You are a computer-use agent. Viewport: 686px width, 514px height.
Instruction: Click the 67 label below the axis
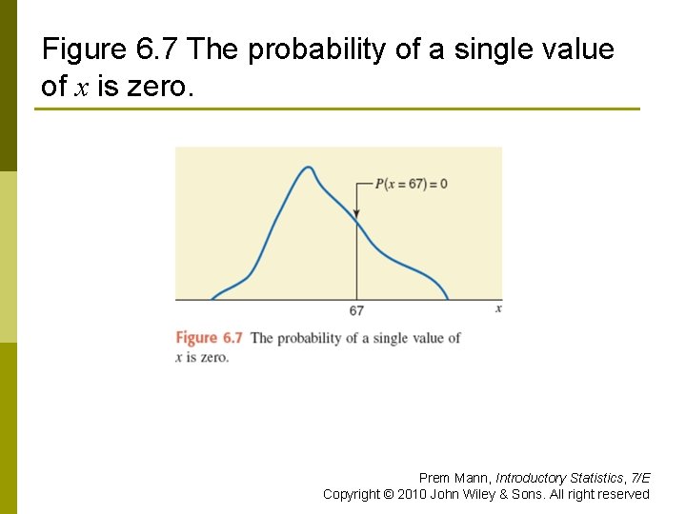356,311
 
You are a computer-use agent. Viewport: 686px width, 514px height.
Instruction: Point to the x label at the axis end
498,309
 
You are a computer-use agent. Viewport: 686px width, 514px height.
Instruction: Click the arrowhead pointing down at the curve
356,215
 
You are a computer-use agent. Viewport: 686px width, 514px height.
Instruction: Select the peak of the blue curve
308,168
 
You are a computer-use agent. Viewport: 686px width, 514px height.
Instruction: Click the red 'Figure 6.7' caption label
209,338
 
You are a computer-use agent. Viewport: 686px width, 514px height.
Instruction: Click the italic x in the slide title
81,88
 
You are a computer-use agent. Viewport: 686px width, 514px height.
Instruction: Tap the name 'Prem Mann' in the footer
454,478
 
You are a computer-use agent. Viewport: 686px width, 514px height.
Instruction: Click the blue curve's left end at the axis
212,299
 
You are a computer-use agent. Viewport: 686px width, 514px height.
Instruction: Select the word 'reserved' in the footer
624,494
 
